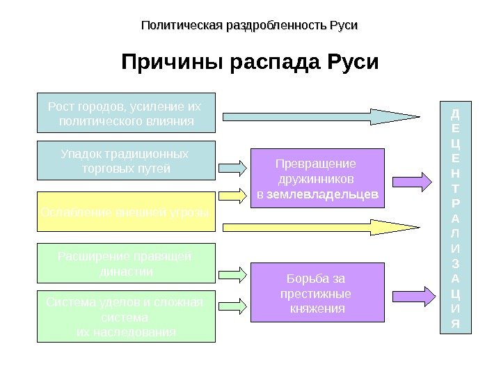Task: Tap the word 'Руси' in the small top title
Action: (343, 26)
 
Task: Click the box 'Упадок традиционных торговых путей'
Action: (125, 161)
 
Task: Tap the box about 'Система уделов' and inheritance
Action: (125, 316)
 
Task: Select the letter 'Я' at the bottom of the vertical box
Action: (456, 324)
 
